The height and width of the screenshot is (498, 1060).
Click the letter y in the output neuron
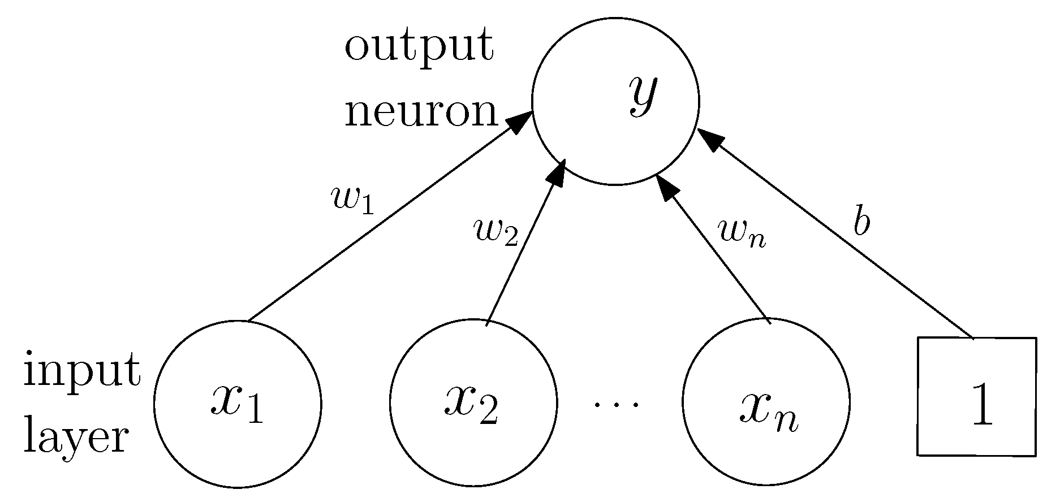[644, 96]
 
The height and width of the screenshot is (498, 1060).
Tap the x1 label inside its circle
[237, 404]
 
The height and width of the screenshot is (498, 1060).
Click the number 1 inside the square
[982, 405]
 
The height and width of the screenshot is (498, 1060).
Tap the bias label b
[861, 224]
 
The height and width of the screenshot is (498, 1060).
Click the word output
[419, 46]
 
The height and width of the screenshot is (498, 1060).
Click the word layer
[76, 438]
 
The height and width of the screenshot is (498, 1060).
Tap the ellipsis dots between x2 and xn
[617, 404]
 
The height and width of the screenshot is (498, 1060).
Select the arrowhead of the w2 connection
[558, 172]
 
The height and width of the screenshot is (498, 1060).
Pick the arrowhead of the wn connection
[666, 187]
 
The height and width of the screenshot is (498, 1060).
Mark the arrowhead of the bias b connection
[709, 138]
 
